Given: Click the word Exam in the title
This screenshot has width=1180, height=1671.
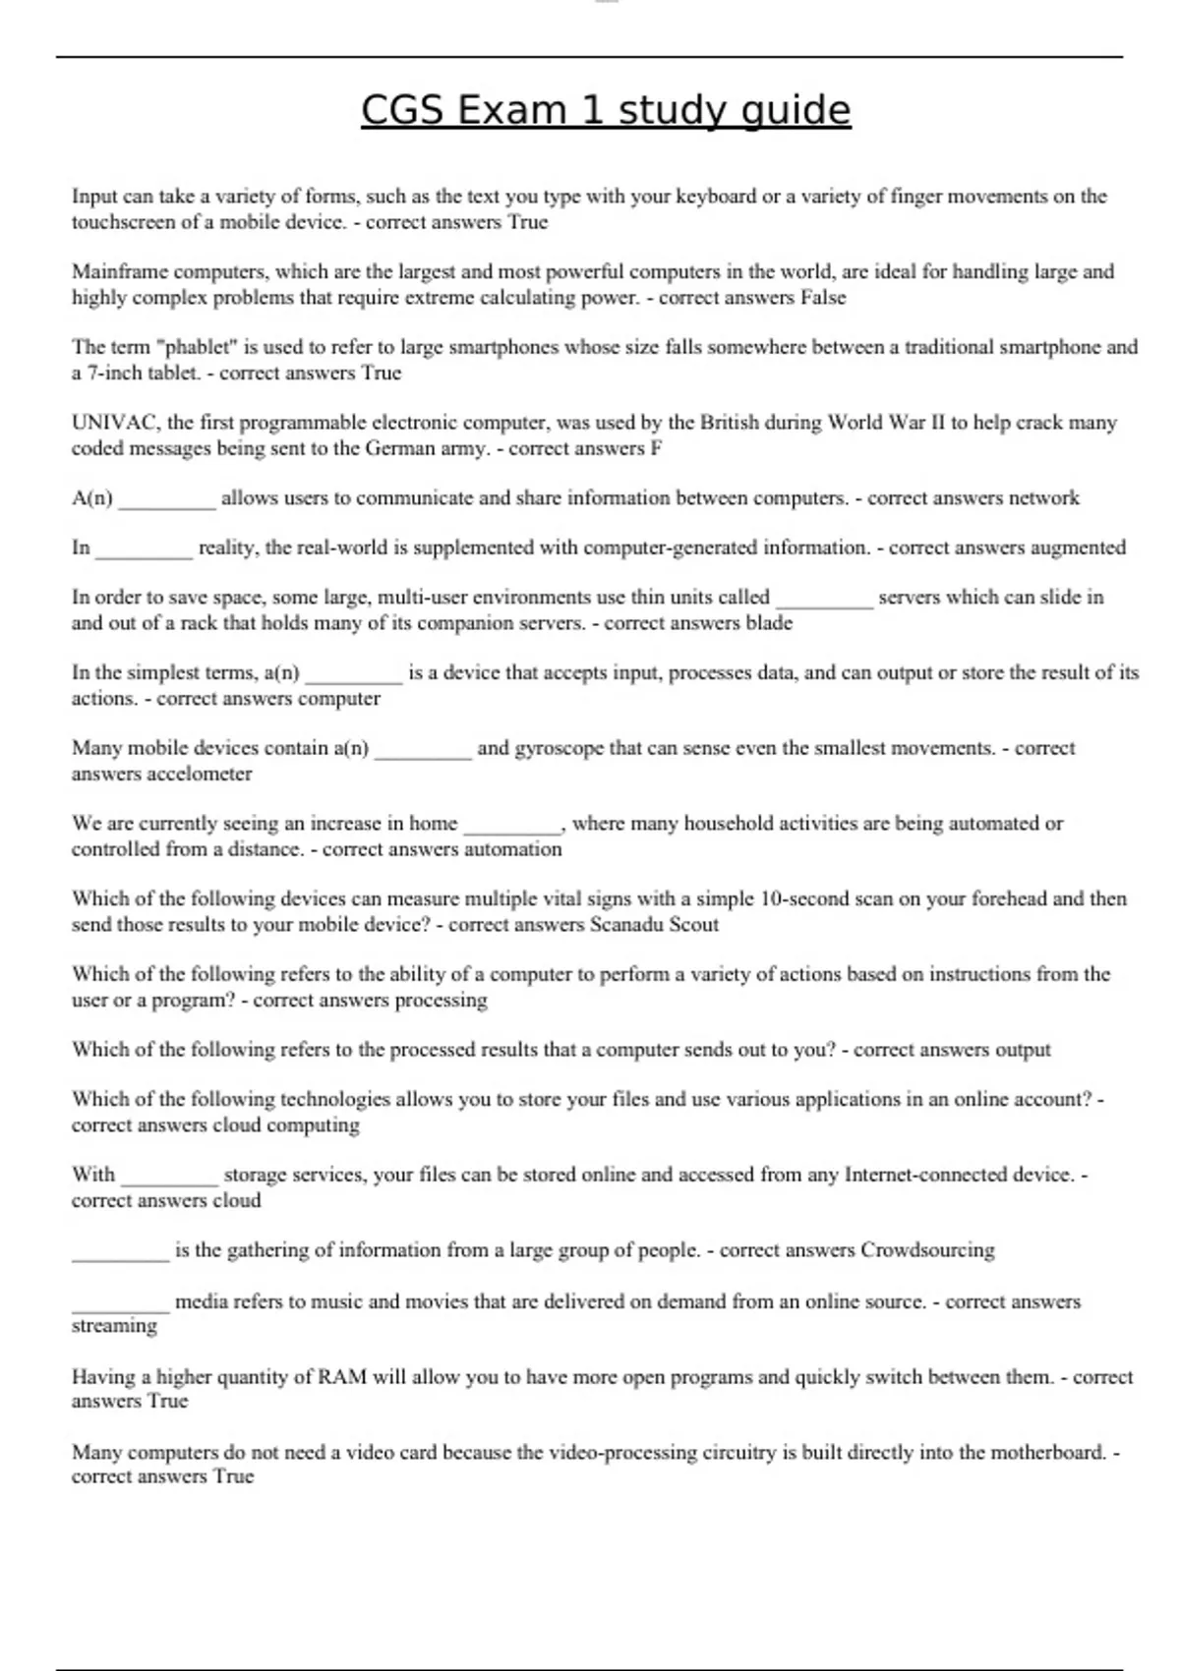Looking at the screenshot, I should (x=510, y=110).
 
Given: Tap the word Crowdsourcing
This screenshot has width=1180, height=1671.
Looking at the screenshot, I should (x=927, y=1250).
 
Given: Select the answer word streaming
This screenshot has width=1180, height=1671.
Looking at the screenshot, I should (x=114, y=1326).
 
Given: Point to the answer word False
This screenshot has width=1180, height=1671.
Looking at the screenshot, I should (x=823, y=298).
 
